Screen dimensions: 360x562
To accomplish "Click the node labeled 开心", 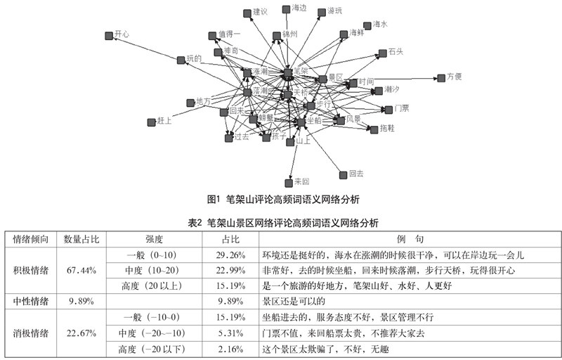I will point(109,34).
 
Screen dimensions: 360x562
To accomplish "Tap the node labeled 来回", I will point(289,182).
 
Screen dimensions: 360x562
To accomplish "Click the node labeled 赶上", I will point(151,122).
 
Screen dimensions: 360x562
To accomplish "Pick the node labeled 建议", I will point(247,13).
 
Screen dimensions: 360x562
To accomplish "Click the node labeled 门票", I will point(388,109).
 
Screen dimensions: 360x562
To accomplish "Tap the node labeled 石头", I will point(383,53).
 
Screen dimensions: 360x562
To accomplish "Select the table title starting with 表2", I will point(284,223).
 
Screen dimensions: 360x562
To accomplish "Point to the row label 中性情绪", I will point(31,301).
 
